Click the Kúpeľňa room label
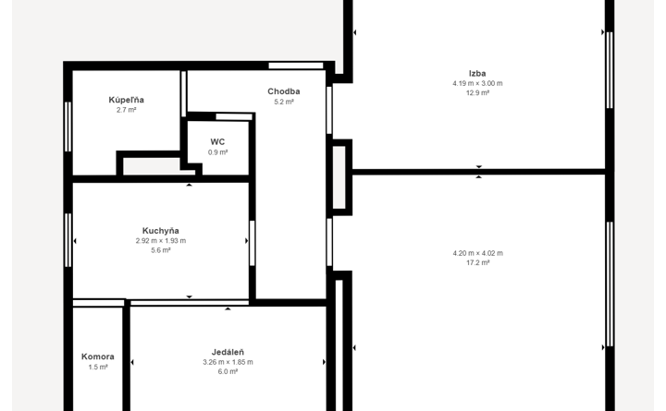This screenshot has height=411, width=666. tap(126, 100)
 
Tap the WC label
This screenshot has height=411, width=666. tap(217, 141)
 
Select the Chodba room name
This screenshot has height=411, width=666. tap(284, 91)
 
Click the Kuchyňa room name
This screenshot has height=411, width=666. tap(161, 231)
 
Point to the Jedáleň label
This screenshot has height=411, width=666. tap(228, 352)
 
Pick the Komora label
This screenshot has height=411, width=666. tap(98, 357)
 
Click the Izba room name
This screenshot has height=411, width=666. tap(477, 73)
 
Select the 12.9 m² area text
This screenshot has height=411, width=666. tap(477, 93)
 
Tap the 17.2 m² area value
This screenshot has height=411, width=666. tap(478, 263)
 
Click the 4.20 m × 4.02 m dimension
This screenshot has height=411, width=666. tap(478, 253)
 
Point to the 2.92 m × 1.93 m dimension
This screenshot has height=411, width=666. tap(161, 240)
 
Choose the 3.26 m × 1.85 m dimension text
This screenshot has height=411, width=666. tap(228, 362)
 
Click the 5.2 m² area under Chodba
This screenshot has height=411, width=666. tap(284, 102)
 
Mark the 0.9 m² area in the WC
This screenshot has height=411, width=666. tap(218, 152)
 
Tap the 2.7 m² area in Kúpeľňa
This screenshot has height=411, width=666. tap(126, 110)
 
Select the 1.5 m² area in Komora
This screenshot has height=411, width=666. tap(98, 367)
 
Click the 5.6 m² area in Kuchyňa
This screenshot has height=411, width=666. tap(161, 250)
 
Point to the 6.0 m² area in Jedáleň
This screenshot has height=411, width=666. tap(228, 371)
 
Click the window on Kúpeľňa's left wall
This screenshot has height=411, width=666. tap(68, 127)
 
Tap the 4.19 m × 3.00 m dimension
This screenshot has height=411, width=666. tap(477, 83)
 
